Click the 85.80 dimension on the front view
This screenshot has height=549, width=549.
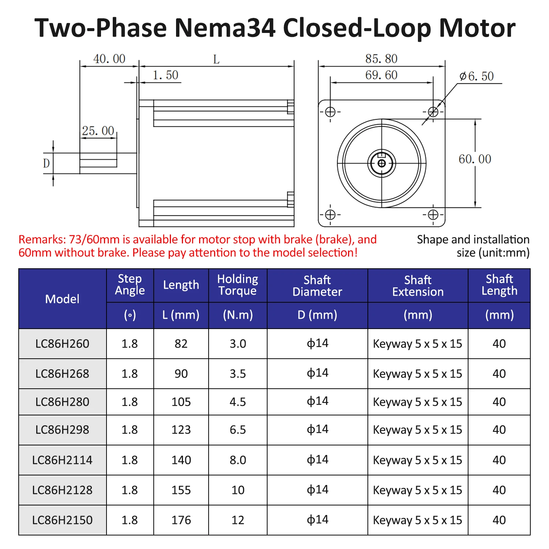(381, 59)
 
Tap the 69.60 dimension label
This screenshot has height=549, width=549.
(381, 75)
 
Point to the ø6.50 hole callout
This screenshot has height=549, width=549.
(477, 76)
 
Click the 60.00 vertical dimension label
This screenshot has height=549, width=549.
(475, 159)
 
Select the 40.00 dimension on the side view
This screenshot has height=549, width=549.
(109, 59)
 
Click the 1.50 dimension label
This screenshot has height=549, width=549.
(165, 75)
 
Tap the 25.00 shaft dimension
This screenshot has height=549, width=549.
(98, 131)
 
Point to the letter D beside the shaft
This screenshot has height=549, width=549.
(46, 163)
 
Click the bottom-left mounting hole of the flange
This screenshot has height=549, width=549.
(330, 214)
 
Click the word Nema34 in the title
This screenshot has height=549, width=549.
(225, 28)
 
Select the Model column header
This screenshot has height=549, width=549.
(62, 299)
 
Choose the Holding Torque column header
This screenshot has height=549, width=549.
(238, 285)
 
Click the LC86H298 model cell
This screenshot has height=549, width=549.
(62, 430)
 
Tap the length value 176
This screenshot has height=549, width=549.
(181, 520)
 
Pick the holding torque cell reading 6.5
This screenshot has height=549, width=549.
(238, 430)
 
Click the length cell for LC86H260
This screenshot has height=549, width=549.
(181, 344)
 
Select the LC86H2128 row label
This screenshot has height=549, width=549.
(62, 490)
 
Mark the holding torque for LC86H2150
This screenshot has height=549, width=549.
(238, 520)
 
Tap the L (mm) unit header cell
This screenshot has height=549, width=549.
(181, 315)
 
